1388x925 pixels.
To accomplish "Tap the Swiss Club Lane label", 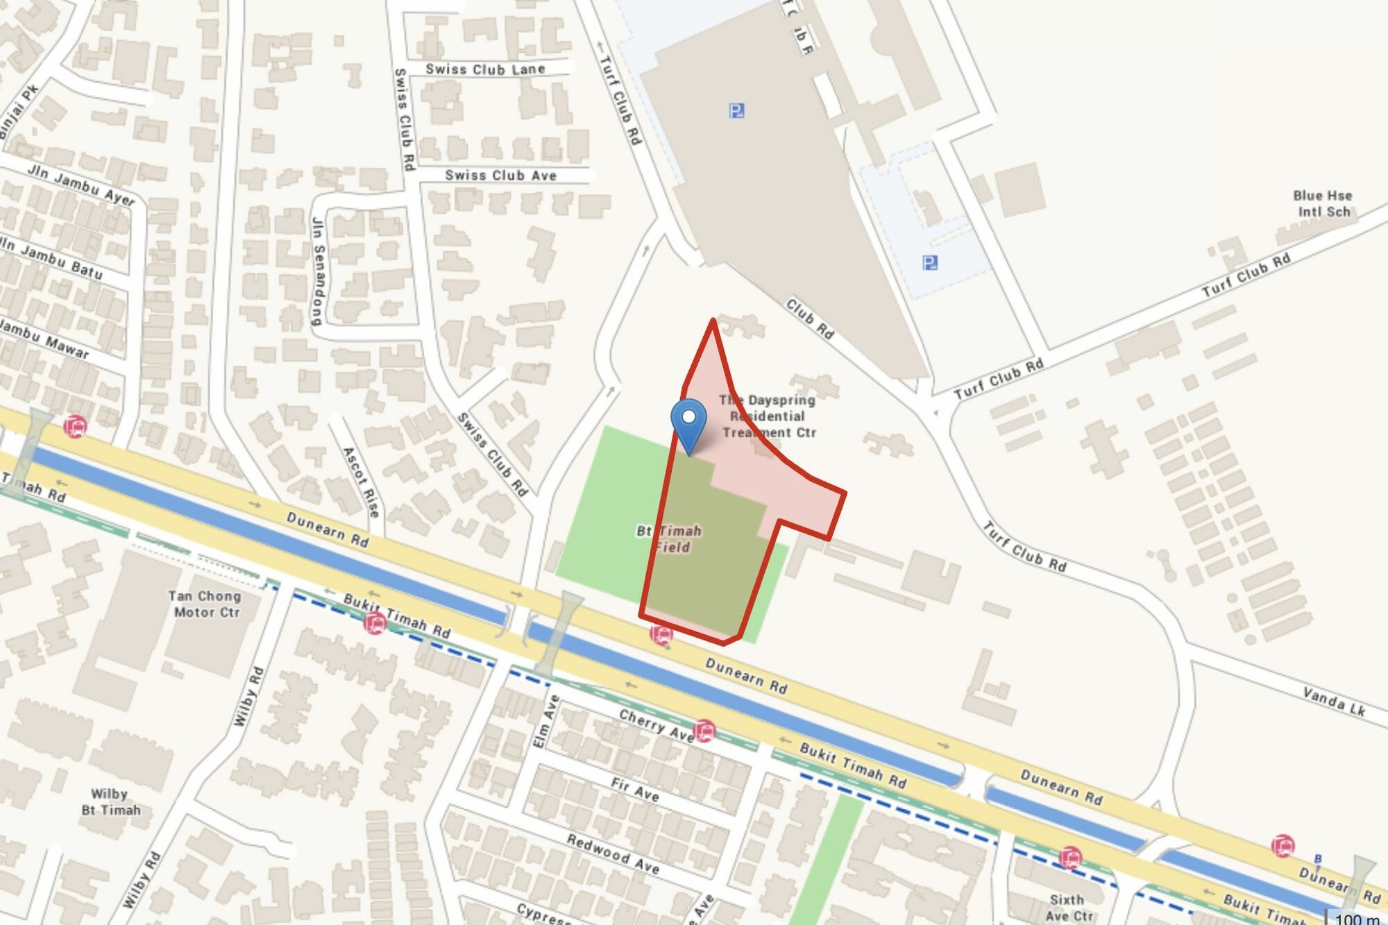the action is tap(485, 69).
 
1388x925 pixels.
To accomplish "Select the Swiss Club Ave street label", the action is tap(500, 176).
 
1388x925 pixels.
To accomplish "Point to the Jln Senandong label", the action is tap(317, 271).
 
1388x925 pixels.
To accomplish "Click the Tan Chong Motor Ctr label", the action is tap(205, 604).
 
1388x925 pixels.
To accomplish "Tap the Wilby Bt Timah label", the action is tap(110, 801).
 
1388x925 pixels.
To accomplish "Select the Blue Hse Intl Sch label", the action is tap(1323, 203).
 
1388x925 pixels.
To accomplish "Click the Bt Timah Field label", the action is tap(670, 538).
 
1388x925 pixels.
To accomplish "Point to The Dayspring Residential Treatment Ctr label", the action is tap(768, 416).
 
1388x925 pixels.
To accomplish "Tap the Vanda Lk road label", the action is tap(1333, 701).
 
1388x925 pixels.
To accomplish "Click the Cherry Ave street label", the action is tap(656, 725).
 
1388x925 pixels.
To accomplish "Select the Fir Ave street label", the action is tap(634, 789).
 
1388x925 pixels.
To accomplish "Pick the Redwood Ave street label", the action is tap(613, 854).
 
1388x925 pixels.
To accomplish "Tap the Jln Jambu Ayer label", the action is tap(81, 185).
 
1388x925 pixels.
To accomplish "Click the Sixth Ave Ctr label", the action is tap(1068, 908).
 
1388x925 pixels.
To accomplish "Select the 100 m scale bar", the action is tap(1357, 917).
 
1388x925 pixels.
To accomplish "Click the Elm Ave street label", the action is tap(545, 721).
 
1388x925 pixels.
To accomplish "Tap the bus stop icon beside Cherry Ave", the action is tap(704, 731).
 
